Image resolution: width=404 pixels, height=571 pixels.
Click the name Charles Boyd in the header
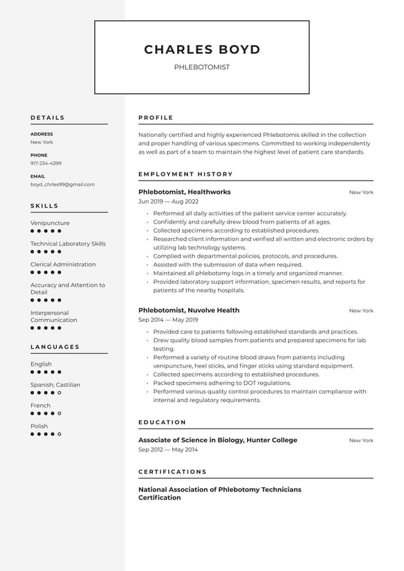(x=202, y=50)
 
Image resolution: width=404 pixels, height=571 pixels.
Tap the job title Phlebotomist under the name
(x=202, y=67)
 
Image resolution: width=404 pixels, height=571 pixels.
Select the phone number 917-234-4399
(x=46, y=163)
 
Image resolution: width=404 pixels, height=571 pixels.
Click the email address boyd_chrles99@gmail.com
(x=62, y=185)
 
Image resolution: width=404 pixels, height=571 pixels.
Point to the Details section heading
(x=48, y=118)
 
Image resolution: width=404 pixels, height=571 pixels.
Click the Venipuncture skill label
(x=50, y=223)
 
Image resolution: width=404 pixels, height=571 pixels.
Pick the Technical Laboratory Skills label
(x=68, y=244)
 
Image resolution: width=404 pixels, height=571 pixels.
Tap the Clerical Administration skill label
(x=63, y=264)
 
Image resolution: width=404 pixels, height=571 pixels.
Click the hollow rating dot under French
(x=59, y=413)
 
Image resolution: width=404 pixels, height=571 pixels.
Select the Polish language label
(x=39, y=426)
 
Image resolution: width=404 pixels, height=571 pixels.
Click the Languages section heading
(x=55, y=347)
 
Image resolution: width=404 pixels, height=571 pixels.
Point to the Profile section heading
(x=156, y=118)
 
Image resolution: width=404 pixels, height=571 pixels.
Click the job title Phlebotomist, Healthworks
(x=185, y=192)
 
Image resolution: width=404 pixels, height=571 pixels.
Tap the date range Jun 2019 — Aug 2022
(x=168, y=201)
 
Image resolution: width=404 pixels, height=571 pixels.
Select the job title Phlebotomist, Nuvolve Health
(x=189, y=310)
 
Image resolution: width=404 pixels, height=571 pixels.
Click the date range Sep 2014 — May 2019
(x=168, y=319)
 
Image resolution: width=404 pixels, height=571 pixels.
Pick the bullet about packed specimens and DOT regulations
(x=222, y=383)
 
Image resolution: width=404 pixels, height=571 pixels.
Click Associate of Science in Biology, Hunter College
(x=218, y=440)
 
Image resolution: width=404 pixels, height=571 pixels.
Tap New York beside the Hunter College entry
(x=361, y=440)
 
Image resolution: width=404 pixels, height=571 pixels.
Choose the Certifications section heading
(x=172, y=472)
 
